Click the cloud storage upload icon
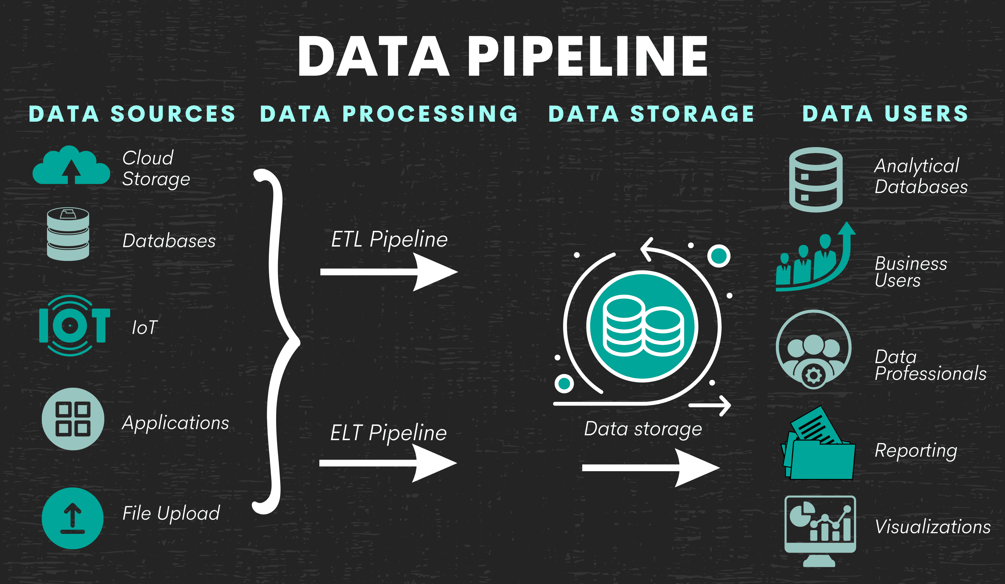pyautogui.click(x=71, y=166)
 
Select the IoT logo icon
pyautogui.click(x=74, y=325)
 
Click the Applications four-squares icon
pyautogui.click(x=73, y=419)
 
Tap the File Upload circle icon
pyautogui.click(x=73, y=518)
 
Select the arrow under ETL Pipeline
pyautogui.click(x=389, y=272)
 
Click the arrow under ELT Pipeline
pyautogui.click(x=388, y=463)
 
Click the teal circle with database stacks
pyautogui.click(x=642, y=326)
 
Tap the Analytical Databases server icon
pyautogui.click(x=816, y=179)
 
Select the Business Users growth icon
pyautogui.click(x=813, y=260)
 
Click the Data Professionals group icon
pyautogui.click(x=813, y=349)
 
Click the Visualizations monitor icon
pyautogui.click(x=820, y=529)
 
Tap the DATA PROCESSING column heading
pyautogui.click(x=389, y=114)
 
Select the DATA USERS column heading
pyautogui.click(x=885, y=114)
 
